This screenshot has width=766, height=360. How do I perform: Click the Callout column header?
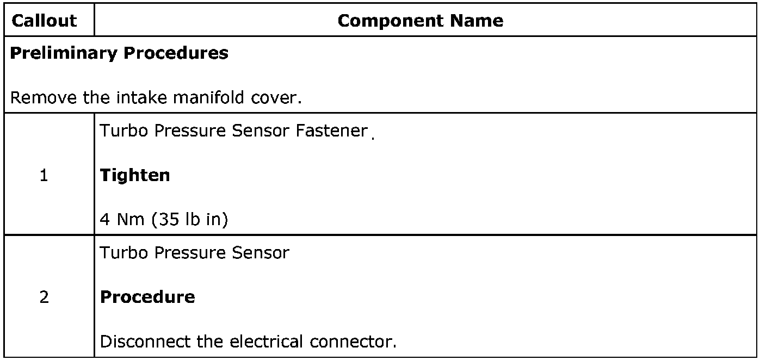pos(44,21)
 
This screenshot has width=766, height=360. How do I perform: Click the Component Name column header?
pos(420,21)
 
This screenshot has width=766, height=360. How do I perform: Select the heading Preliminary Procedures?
pos(119,53)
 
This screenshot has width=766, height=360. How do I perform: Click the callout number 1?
pos(44,176)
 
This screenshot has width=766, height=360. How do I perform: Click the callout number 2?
pos(44,297)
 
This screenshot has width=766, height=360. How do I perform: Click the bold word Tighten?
pos(135,176)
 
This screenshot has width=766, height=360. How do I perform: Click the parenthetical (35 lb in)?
pos(189,220)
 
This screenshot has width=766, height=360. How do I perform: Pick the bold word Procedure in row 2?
pos(147,297)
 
